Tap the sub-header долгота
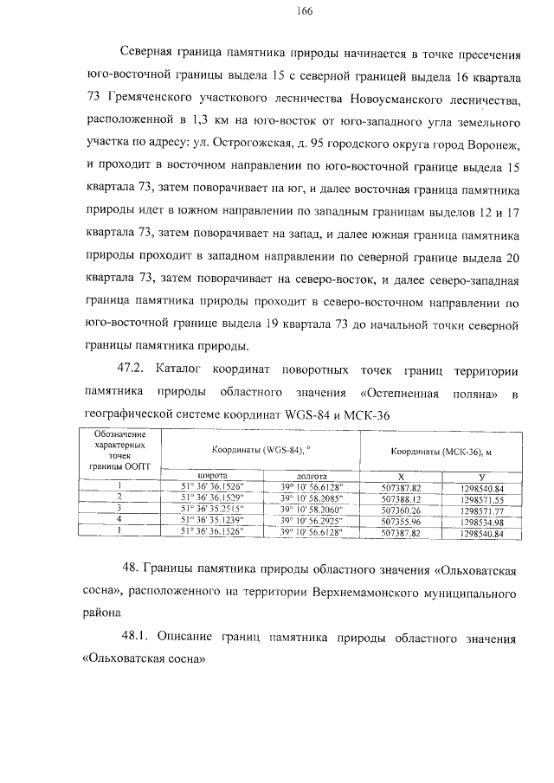click(x=311, y=475)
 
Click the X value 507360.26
click(x=400, y=510)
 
